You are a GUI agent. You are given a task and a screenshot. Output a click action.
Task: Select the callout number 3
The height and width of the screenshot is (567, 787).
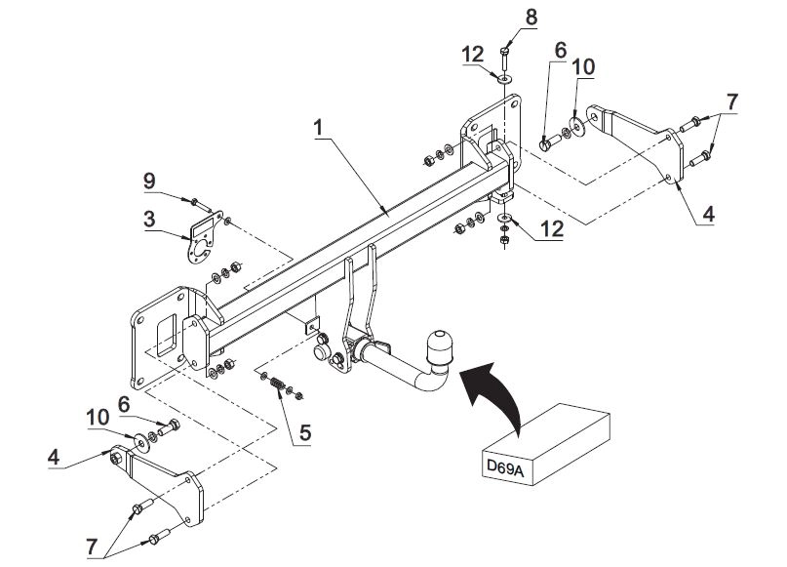[148, 222]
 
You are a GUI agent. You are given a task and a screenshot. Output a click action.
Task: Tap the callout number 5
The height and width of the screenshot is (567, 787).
[304, 431]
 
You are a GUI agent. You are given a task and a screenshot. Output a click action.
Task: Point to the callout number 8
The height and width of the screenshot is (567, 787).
[531, 17]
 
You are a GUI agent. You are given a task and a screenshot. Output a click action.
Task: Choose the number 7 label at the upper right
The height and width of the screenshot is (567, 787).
[731, 100]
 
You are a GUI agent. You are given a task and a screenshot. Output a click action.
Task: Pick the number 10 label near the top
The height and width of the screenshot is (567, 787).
[582, 65]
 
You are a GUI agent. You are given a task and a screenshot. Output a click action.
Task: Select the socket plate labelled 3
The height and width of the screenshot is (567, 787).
[202, 239]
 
